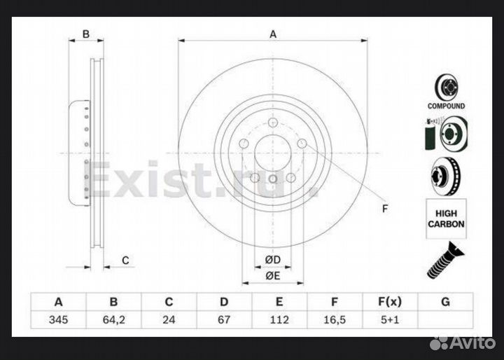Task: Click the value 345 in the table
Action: [x=59, y=320]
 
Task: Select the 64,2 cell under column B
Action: [x=113, y=320]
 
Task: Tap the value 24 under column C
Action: [x=169, y=320]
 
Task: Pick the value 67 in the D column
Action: [x=224, y=320]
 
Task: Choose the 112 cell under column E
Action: [x=279, y=320]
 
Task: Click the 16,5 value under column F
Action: [x=334, y=320]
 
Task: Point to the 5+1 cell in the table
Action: [x=389, y=320]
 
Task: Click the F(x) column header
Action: [x=389, y=302]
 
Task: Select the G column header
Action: [x=444, y=302]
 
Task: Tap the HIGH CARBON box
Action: [x=447, y=218]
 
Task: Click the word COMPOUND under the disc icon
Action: [x=447, y=106]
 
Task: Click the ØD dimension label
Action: [x=272, y=261]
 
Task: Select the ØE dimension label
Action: [x=272, y=275]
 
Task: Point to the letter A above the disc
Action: [x=274, y=34]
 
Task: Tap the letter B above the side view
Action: [x=86, y=34]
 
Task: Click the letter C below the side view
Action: [x=125, y=261]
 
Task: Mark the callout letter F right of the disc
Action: [x=384, y=209]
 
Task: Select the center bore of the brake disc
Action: [x=273, y=152]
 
